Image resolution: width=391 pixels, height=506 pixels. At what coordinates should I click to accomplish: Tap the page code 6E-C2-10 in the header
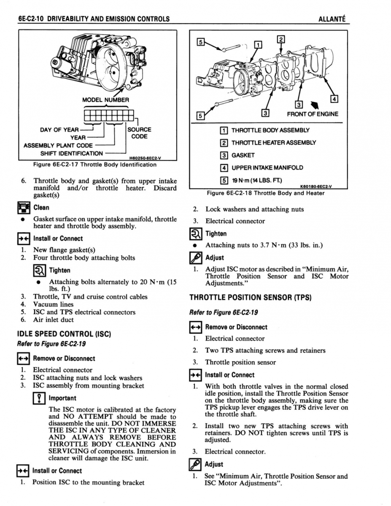click(32, 19)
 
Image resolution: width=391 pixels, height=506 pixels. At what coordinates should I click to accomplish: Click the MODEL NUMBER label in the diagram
click(105, 100)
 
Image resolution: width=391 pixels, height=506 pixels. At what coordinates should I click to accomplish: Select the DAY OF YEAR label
click(59, 129)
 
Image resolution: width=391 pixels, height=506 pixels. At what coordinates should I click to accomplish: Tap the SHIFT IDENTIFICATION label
click(71, 153)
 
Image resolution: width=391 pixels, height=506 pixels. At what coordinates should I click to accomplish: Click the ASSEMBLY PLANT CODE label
click(58, 145)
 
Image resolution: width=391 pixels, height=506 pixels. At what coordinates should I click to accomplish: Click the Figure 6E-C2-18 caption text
click(266, 193)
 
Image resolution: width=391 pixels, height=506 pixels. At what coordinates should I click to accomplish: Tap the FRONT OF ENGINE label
click(313, 113)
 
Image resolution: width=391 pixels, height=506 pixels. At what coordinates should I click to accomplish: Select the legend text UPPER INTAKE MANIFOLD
click(267, 167)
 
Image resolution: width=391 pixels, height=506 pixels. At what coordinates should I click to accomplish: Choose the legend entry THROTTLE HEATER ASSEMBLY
click(273, 143)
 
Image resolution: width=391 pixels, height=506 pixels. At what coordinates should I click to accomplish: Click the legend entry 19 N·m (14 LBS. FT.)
click(256, 180)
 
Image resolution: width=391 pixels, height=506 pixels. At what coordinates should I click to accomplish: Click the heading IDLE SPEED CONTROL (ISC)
click(63, 334)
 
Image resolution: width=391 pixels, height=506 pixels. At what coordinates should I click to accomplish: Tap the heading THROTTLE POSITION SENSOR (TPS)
click(250, 297)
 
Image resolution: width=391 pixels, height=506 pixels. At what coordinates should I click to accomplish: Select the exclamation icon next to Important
click(39, 398)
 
